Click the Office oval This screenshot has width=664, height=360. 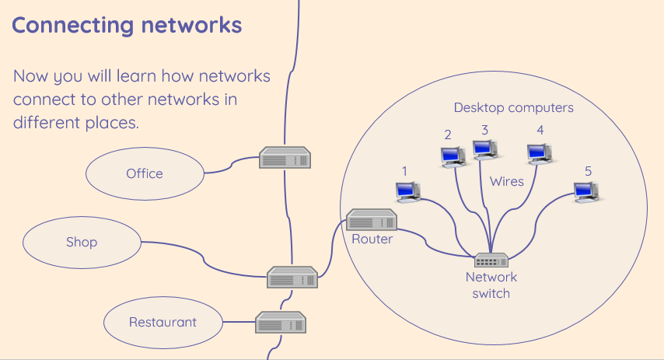click(145, 173)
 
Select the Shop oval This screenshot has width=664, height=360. click(82, 243)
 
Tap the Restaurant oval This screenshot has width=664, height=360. click(163, 322)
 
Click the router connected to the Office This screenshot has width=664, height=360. click(285, 158)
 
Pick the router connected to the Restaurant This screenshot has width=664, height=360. click(281, 321)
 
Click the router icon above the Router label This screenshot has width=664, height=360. click(372, 220)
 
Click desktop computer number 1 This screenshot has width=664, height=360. click(407, 190)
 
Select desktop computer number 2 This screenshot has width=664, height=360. click(452, 156)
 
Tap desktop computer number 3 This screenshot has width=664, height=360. click(485, 149)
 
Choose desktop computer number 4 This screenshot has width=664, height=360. click(539, 154)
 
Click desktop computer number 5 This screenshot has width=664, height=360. click(585, 191)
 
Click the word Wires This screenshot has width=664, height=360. click(507, 181)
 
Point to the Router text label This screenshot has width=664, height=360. click(372, 239)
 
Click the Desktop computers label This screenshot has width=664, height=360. click(514, 107)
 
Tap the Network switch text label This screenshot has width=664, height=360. click(491, 285)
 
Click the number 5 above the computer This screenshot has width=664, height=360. click(588, 170)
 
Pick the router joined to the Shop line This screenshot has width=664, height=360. click(292, 277)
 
